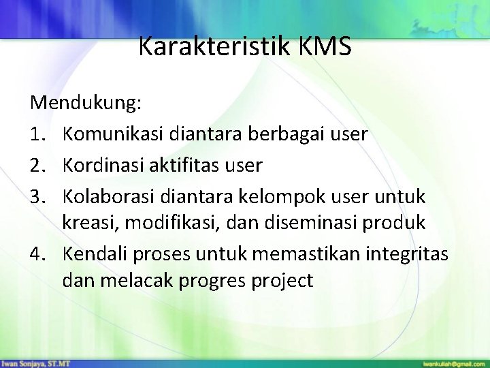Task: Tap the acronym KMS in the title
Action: (x=324, y=46)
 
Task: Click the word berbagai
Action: (x=304, y=134)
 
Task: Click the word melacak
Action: (x=151, y=281)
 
